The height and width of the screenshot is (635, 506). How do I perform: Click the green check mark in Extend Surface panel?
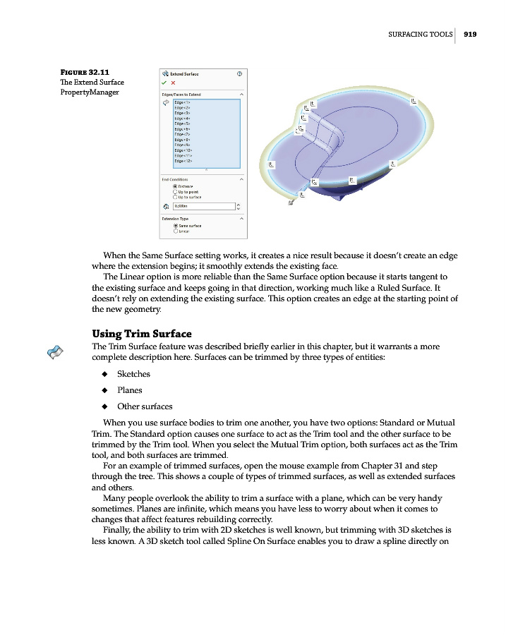coord(164,83)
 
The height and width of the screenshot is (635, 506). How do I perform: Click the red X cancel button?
coord(173,83)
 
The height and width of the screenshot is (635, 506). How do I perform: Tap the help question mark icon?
coord(240,73)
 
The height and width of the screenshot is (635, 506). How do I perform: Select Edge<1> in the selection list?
coord(182,102)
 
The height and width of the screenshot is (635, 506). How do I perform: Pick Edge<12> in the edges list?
coord(183,161)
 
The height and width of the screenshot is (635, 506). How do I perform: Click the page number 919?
coord(471,33)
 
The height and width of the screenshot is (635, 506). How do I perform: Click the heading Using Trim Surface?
coord(142,334)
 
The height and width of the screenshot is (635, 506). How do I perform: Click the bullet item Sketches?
coord(133,374)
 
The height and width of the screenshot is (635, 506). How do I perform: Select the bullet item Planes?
coord(129,390)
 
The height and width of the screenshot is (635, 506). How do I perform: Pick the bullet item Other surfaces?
coord(144,406)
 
